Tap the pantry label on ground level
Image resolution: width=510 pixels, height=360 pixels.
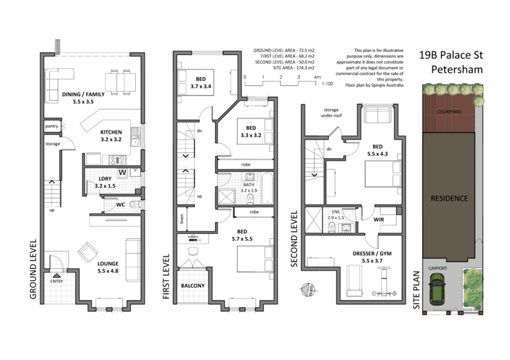52,127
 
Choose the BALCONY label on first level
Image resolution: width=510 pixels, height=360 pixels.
193,285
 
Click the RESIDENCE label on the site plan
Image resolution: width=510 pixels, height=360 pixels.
448,198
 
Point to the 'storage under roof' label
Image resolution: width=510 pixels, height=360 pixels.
332,113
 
